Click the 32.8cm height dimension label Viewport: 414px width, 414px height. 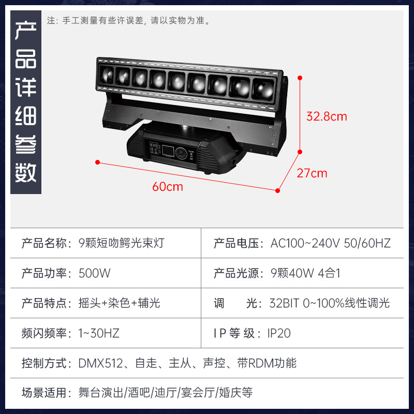(327, 116)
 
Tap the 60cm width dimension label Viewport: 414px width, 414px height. (168, 187)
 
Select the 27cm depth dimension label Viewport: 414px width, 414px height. (312, 173)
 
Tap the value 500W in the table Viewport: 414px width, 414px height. (95, 273)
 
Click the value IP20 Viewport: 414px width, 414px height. (279, 333)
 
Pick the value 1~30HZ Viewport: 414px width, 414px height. (99, 333)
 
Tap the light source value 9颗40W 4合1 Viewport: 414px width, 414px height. (305, 273)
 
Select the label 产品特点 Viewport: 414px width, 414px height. (46, 303)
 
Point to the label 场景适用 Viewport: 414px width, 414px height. (46, 393)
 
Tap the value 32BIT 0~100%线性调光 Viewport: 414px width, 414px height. (329, 303)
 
